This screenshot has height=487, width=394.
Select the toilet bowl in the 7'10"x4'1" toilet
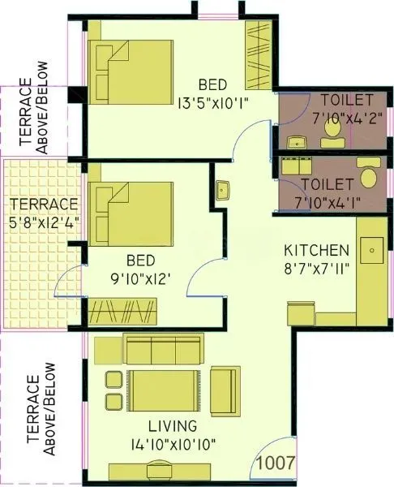(368, 176)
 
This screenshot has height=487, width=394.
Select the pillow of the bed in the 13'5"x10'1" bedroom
(105, 62)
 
